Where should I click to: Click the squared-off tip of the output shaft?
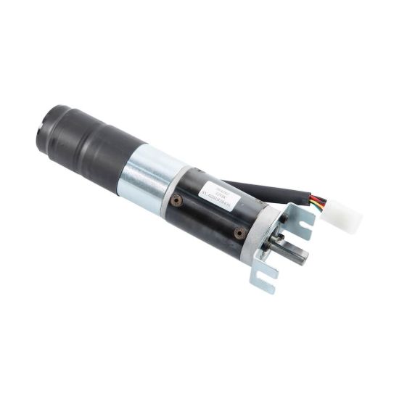point(303,255)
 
